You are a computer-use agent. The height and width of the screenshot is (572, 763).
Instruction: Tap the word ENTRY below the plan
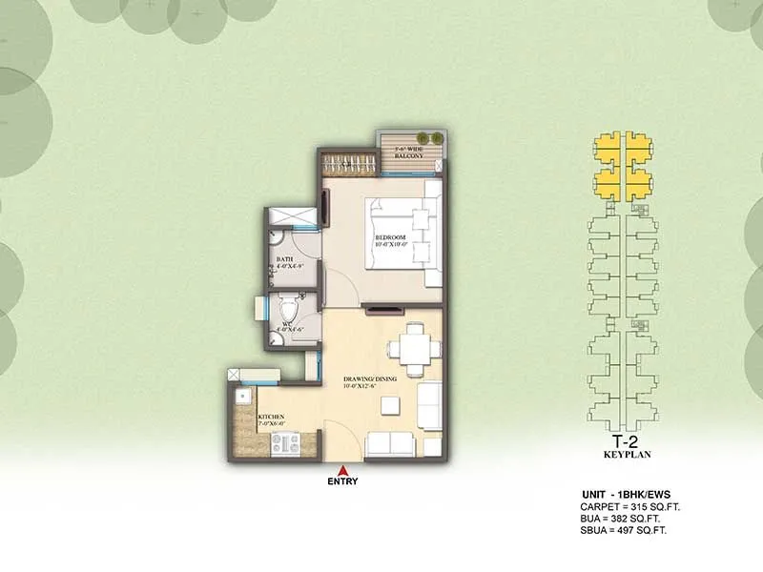(342, 480)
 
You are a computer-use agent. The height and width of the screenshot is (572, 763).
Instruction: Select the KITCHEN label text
(272, 418)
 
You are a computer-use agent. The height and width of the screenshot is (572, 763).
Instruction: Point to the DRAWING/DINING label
(374, 378)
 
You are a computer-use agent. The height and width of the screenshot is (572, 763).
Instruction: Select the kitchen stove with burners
(285, 443)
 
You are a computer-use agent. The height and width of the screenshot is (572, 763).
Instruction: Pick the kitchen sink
(243, 394)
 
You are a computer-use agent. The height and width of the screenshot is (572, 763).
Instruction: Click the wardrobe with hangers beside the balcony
(349, 161)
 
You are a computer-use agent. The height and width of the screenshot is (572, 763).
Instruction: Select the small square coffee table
(389, 405)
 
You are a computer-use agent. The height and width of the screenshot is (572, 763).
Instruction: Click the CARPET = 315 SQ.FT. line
(629, 507)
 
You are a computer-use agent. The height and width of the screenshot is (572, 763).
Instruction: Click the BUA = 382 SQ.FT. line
(621, 521)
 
